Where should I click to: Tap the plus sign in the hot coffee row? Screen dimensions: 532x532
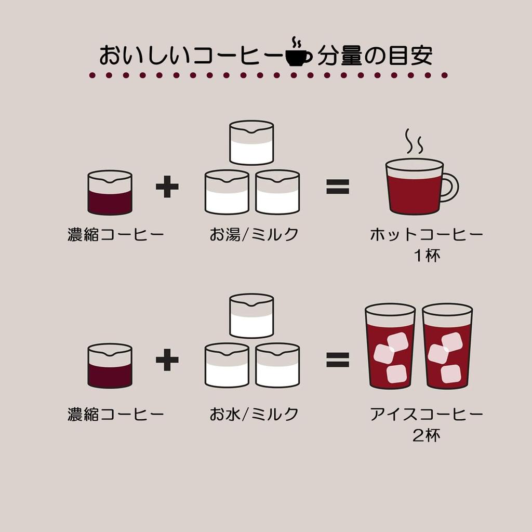point(167,187)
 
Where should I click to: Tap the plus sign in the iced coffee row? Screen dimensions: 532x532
point(167,360)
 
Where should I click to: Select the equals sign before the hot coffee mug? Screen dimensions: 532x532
point(338,187)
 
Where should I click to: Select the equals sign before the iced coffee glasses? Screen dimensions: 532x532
point(338,360)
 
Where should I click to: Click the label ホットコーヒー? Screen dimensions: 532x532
point(427,234)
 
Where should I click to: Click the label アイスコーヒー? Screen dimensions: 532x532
point(427,414)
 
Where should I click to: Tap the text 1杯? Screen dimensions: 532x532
point(427,256)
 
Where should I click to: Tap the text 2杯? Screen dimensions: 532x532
point(427,435)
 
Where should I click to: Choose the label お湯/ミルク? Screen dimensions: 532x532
point(254,234)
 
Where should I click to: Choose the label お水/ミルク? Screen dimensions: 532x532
point(254,414)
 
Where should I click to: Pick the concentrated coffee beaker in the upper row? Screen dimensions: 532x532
point(110,192)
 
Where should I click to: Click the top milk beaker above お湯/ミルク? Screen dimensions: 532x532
point(251,143)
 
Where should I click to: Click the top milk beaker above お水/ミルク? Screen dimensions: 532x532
point(251,316)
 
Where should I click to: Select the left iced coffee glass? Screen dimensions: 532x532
point(390,346)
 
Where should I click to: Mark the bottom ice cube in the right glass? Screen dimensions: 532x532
point(450,374)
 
